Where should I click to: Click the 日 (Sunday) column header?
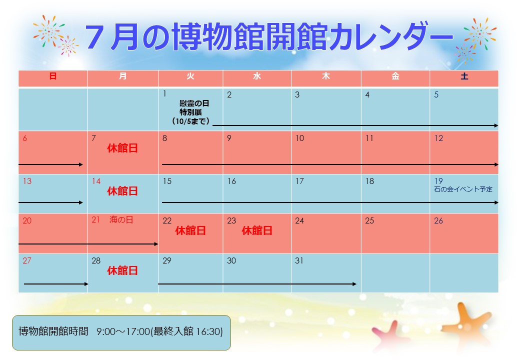click(52, 76)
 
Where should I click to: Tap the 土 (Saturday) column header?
click(464, 76)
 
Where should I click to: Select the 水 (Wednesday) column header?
click(257, 76)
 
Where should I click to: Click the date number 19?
click(438, 181)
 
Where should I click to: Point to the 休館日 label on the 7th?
click(122, 148)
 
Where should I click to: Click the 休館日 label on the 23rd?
click(257, 230)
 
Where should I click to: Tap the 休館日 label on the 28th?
click(122, 270)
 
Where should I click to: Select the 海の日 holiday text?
click(121, 219)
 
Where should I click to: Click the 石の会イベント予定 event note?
click(463, 189)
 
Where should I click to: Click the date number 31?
click(299, 260)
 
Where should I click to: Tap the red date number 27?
click(27, 260)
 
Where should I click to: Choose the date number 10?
click(300, 138)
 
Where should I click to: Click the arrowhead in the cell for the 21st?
click(156, 244)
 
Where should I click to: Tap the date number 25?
click(369, 221)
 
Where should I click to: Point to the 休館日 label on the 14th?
click(122, 191)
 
